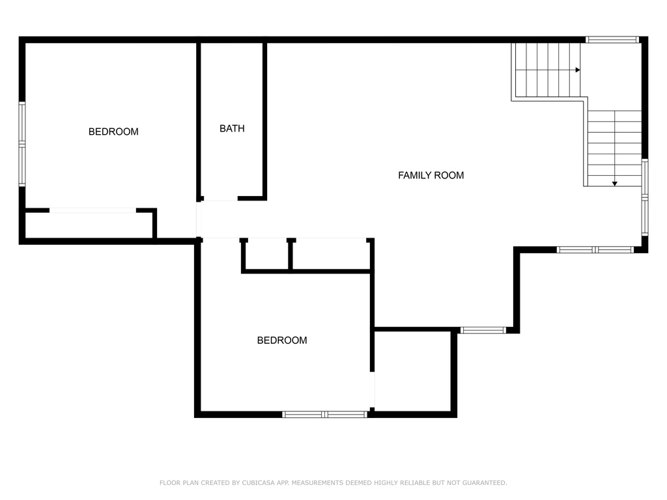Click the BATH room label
pos(232,128)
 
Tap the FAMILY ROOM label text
pos(431,175)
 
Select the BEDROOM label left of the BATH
pos(113,132)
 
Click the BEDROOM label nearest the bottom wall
pos(282,340)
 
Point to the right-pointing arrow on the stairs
pos(578,70)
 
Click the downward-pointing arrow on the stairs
pos(615,184)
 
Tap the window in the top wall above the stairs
pos(612,40)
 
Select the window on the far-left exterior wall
pos(22,144)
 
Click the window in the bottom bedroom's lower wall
pos(324,415)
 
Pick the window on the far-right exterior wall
pos(645,197)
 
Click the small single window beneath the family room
pos(483,330)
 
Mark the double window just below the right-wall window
pos(595,249)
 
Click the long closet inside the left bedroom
pos(89,225)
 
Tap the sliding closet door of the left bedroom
pos(92,210)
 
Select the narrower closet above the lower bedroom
pos(267,255)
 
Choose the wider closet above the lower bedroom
pos(331,255)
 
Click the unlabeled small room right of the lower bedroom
pos(412,371)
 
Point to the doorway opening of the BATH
pos(221,199)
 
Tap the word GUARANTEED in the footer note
pos(485,482)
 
